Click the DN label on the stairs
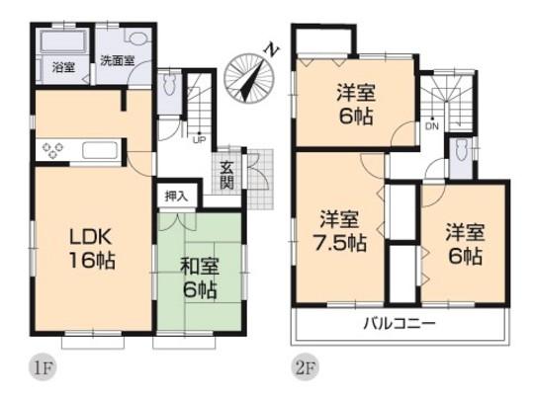[x=431, y=126]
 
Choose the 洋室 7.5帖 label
[x=337, y=229]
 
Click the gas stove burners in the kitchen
[x=51, y=150]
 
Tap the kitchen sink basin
[x=99, y=151]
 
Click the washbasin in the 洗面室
[x=136, y=41]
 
